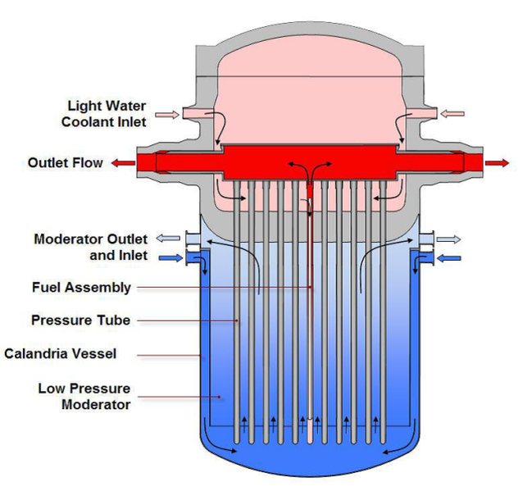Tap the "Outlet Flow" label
tap(66, 163)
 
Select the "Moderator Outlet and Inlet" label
tap(91, 247)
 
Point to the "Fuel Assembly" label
tap(81, 288)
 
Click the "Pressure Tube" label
tap(80, 320)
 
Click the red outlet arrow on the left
tap(124, 163)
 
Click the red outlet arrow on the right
tap(496, 163)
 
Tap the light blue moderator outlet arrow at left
tap(168, 238)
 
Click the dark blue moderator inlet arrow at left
tap(168, 257)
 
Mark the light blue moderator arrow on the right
tap(450, 239)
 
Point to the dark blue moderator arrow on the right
tap(450, 258)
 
